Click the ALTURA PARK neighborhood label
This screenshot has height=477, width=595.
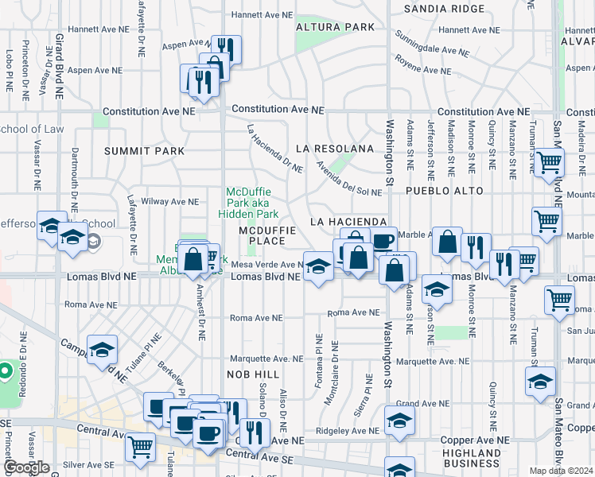(x=335, y=27)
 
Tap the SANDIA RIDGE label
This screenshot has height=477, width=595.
(x=444, y=9)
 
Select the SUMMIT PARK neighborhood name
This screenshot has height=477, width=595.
(x=144, y=151)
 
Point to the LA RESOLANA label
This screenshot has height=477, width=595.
(x=334, y=149)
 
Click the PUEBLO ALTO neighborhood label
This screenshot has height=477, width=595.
(x=445, y=192)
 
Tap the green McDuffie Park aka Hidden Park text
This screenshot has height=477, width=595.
(x=252, y=203)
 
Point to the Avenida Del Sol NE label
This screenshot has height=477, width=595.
(x=348, y=180)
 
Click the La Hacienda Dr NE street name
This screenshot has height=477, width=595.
(x=274, y=149)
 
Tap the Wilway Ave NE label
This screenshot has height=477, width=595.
(x=169, y=202)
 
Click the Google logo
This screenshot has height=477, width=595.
(x=26, y=467)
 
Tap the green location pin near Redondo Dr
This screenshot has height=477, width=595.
(x=5, y=371)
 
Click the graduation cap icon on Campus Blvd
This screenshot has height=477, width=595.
(x=102, y=350)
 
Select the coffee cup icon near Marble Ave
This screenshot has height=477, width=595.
(x=383, y=241)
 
